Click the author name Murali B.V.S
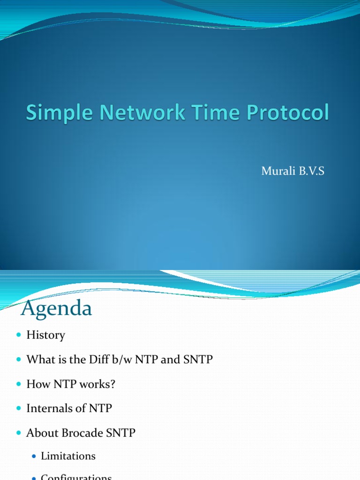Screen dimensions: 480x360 [x=292, y=172]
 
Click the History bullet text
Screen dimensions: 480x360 [x=45, y=335]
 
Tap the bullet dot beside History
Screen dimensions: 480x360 [x=19, y=336]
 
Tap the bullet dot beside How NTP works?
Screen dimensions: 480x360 [x=19, y=384]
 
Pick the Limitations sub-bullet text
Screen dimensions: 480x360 [x=68, y=456]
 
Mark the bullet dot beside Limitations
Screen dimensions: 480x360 [x=34, y=456]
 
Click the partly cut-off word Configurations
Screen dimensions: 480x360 [x=76, y=477]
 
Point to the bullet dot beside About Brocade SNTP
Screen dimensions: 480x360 [x=19, y=433]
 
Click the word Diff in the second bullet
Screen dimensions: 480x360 [x=101, y=360]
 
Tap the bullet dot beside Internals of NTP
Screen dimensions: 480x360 [x=19, y=409]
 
